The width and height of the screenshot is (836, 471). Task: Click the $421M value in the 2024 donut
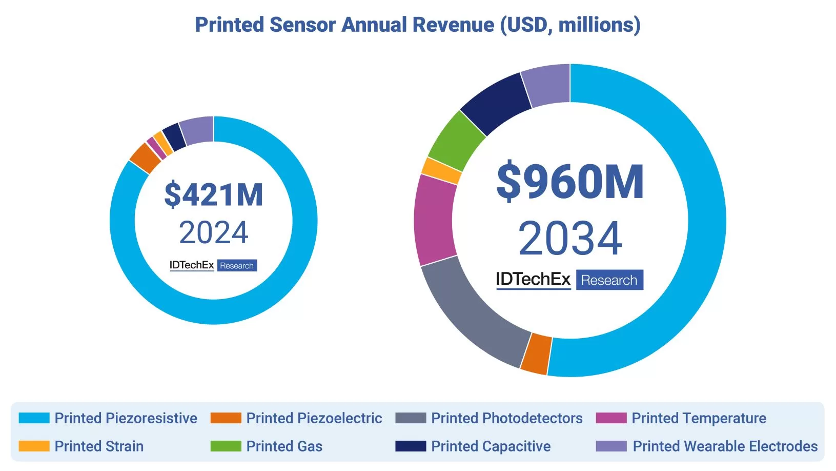[213, 195]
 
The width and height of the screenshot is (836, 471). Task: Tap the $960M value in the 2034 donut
[569, 182]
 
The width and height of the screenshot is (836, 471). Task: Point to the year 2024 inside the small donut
[213, 233]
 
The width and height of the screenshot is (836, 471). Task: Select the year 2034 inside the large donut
[569, 239]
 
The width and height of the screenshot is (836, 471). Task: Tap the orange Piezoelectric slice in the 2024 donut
[145, 158]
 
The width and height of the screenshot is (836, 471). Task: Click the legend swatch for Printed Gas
[226, 446]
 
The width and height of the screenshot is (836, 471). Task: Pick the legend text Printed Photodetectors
[506, 418]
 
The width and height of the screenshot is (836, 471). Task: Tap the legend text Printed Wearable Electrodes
[725, 446]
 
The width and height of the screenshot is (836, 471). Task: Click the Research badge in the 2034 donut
[609, 280]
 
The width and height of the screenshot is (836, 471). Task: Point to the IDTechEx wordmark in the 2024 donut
[192, 265]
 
